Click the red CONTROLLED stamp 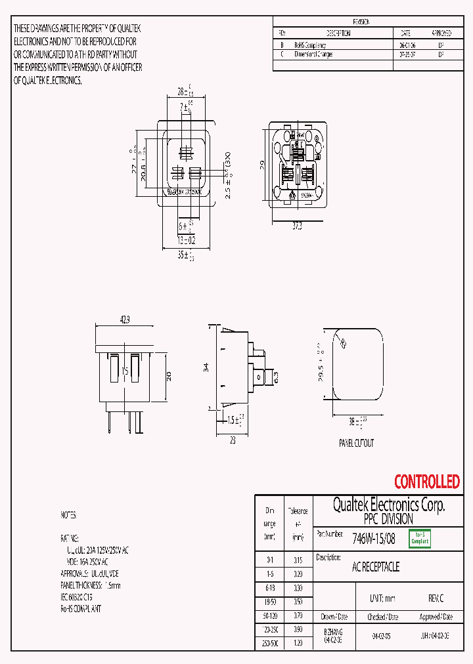(426, 482)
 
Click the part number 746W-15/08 (374, 539)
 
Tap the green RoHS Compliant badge (420, 539)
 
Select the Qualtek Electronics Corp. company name (388, 505)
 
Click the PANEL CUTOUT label (356, 443)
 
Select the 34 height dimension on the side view (206, 367)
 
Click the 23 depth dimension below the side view (233, 441)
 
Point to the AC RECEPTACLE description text (376, 567)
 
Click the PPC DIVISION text (388, 518)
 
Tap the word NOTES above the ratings (68, 515)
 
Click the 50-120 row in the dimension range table (270, 617)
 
